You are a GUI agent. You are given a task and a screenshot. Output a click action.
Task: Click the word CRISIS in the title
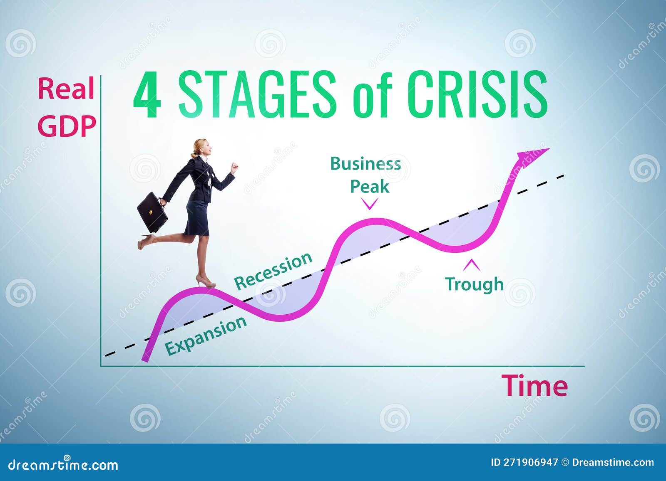pos(477,94)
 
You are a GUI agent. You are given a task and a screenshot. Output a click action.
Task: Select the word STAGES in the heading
pos(257,94)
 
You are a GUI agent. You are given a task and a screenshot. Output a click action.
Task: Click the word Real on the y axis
pos(66,89)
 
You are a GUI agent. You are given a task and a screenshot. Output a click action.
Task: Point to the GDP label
pos(67,126)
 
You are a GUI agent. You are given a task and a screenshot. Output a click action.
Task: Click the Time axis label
pos(534,386)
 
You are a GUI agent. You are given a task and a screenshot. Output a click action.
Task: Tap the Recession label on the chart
pos(273,271)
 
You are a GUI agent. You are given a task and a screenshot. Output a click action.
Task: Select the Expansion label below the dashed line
pos(206,335)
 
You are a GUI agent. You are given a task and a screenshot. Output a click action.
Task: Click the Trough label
pos(475,284)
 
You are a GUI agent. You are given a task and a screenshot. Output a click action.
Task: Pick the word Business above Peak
pos(365,164)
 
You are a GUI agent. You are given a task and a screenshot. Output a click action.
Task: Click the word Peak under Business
pos(369,187)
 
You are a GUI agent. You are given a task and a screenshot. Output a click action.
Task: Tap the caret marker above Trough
pos(472,264)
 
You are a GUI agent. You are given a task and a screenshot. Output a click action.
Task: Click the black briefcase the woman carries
pos(152,212)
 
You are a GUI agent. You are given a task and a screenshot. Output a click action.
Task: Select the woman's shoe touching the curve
pos(206,283)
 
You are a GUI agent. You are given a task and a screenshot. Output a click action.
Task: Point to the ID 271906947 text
pos(524,462)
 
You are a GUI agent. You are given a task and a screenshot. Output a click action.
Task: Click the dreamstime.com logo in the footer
pos(63,465)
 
